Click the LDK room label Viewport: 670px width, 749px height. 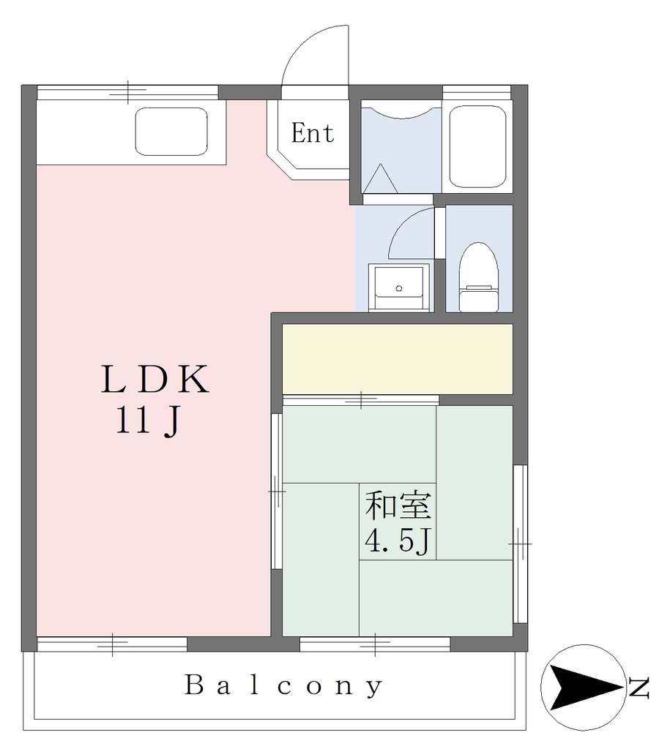point(155,379)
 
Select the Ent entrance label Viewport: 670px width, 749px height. point(313,133)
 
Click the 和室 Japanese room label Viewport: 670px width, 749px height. point(398,506)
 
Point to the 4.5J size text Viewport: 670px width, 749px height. point(398,541)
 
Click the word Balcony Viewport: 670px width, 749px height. point(283,686)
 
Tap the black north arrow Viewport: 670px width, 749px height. point(584,687)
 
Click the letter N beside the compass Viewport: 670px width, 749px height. point(639,687)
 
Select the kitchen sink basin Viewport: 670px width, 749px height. point(171,132)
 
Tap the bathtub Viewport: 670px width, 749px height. point(477,146)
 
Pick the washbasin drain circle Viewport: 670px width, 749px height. point(399,288)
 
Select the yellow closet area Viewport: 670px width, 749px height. point(398,359)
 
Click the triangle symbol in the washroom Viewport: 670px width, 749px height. point(380,178)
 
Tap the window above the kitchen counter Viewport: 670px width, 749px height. point(127,92)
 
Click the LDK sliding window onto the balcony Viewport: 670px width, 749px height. point(112,644)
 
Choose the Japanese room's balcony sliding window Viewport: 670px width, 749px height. point(375,644)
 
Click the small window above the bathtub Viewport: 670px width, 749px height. point(477,92)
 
